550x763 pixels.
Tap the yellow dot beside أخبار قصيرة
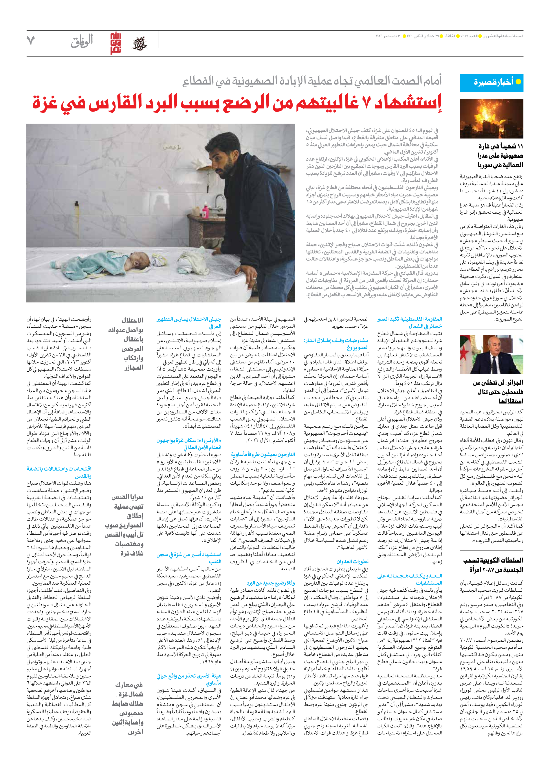pyautogui.click(x=518, y=82)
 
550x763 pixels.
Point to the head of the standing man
pyautogui.click(x=219, y=160)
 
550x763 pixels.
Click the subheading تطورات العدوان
pyautogui.click(x=352, y=561)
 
